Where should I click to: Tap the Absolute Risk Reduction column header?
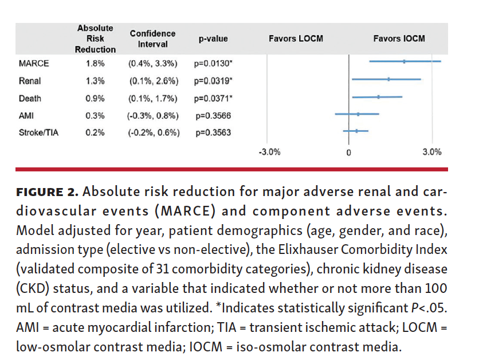(95, 39)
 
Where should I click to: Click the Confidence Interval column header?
(152, 39)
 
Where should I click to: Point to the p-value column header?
(213, 39)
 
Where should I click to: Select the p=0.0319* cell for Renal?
(213, 80)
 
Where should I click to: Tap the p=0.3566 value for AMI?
(213, 115)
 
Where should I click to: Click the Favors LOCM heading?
(296, 39)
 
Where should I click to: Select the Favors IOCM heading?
(399, 39)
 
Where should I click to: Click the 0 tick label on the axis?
(348, 153)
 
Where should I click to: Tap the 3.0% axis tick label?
(432, 152)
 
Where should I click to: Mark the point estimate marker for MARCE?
(404, 61)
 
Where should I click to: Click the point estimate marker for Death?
(378, 97)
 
